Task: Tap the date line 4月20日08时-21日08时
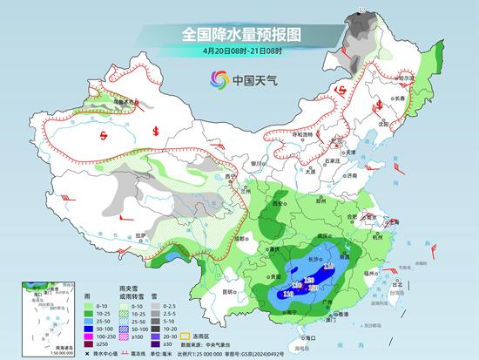pos(239,53)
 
